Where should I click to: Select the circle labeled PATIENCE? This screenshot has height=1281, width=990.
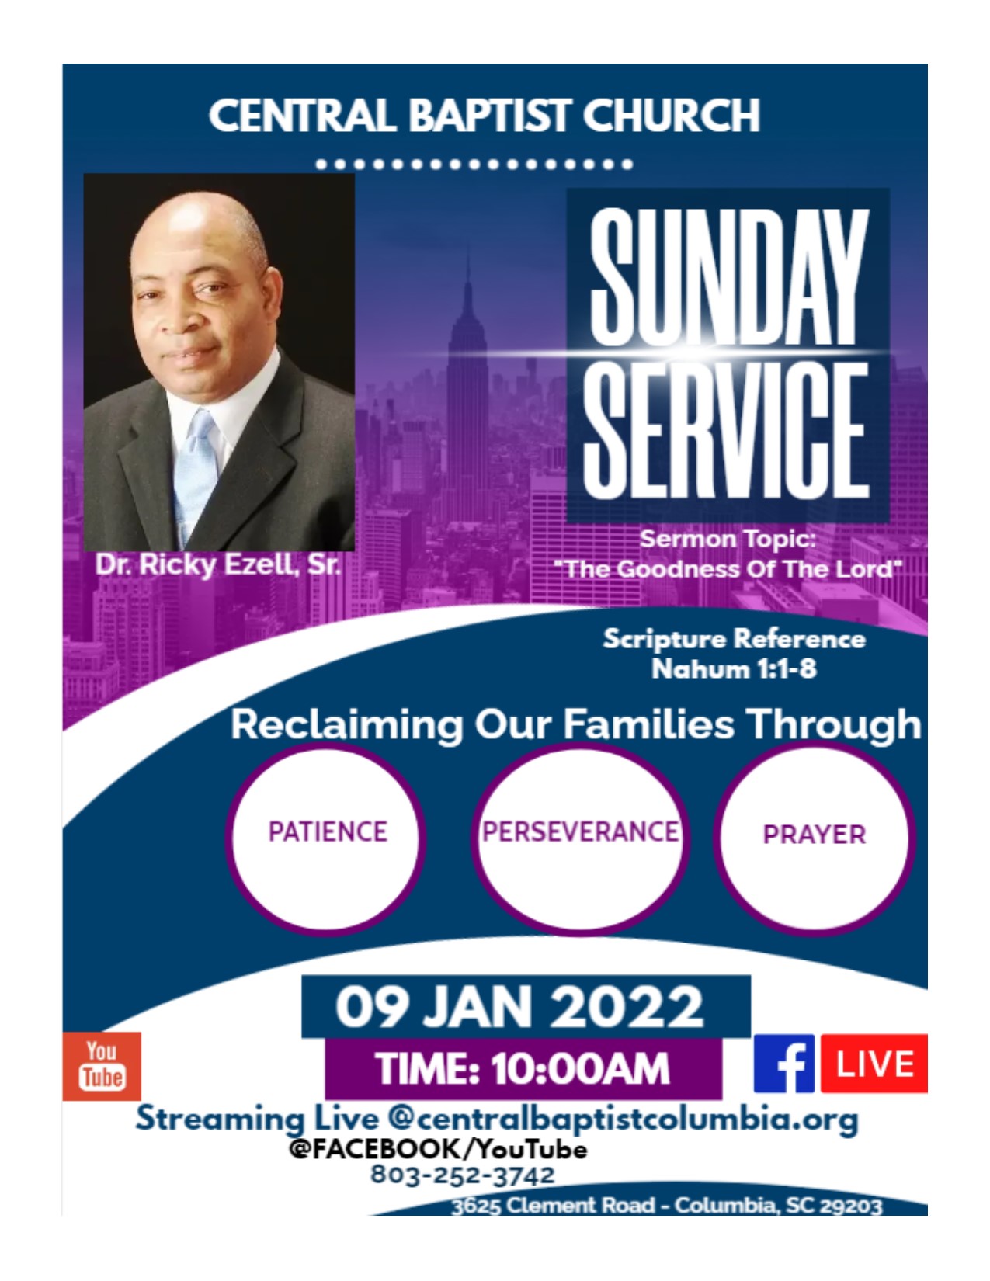coord(326,839)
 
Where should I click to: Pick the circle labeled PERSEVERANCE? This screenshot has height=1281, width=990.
coord(580,839)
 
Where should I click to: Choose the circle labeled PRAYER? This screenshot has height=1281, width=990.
coord(815,839)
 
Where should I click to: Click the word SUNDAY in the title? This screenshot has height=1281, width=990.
coord(729,276)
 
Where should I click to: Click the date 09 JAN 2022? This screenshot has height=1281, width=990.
coord(519,1007)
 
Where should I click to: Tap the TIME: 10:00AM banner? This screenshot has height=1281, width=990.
coord(523,1068)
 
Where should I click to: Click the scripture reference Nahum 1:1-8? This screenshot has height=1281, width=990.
coord(734,669)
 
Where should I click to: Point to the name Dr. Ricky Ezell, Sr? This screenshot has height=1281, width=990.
coord(218,564)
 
